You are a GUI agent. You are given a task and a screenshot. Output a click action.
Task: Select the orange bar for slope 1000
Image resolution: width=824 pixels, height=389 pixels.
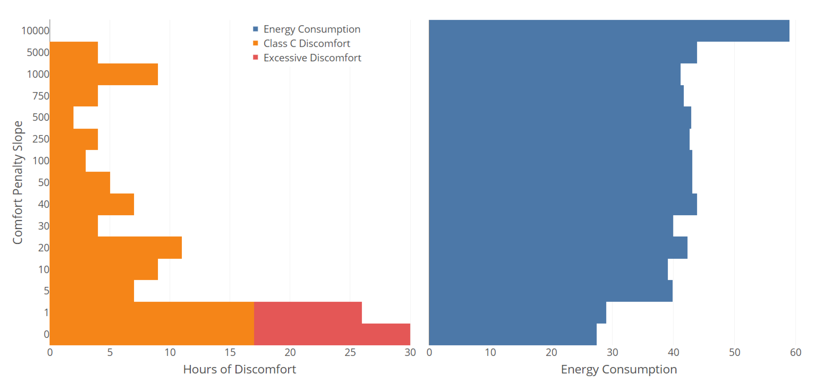[x=104, y=74]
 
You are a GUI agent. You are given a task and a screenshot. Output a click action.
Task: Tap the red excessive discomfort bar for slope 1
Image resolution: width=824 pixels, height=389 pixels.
[x=308, y=312]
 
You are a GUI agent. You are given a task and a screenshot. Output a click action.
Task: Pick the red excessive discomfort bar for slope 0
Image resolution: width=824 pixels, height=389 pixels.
[x=332, y=334]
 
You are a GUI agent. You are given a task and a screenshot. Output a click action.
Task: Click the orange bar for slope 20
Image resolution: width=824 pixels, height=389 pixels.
[x=115, y=247]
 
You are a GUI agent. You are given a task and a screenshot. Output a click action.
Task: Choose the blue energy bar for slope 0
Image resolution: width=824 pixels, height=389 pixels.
[x=512, y=334]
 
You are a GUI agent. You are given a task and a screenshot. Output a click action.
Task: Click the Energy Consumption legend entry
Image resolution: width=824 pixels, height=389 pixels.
[x=311, y=29]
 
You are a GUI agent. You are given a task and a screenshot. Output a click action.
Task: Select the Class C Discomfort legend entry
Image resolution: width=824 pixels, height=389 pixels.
[x=306, y=43]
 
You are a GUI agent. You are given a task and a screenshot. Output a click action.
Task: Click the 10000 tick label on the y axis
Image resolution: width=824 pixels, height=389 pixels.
[x=35, y=31]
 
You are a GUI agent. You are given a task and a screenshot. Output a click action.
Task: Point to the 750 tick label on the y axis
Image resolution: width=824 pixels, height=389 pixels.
[x=41, y=96]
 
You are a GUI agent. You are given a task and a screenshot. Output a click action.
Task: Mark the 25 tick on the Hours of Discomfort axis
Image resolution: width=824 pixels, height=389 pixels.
[x=350, y=352]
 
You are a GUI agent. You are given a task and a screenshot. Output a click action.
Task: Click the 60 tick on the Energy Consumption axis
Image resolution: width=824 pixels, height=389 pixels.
[x=795, y=352]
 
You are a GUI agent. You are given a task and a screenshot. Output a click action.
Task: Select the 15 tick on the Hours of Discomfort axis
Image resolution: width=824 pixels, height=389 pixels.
[x=230, y=352]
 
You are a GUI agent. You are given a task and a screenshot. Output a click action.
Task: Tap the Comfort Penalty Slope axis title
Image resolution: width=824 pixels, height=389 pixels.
[x=18, y=182]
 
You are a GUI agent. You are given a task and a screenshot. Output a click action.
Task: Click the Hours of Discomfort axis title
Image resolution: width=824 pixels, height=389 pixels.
[x=239, y=369]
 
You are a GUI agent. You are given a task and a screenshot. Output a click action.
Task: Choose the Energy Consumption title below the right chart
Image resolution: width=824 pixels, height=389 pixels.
[x=619, y=369]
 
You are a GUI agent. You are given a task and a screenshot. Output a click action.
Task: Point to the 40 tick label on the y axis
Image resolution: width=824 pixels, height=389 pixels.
[x=43, y=204]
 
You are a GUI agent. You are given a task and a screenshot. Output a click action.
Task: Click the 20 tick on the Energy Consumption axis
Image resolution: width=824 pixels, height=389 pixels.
[x=551, y=352]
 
